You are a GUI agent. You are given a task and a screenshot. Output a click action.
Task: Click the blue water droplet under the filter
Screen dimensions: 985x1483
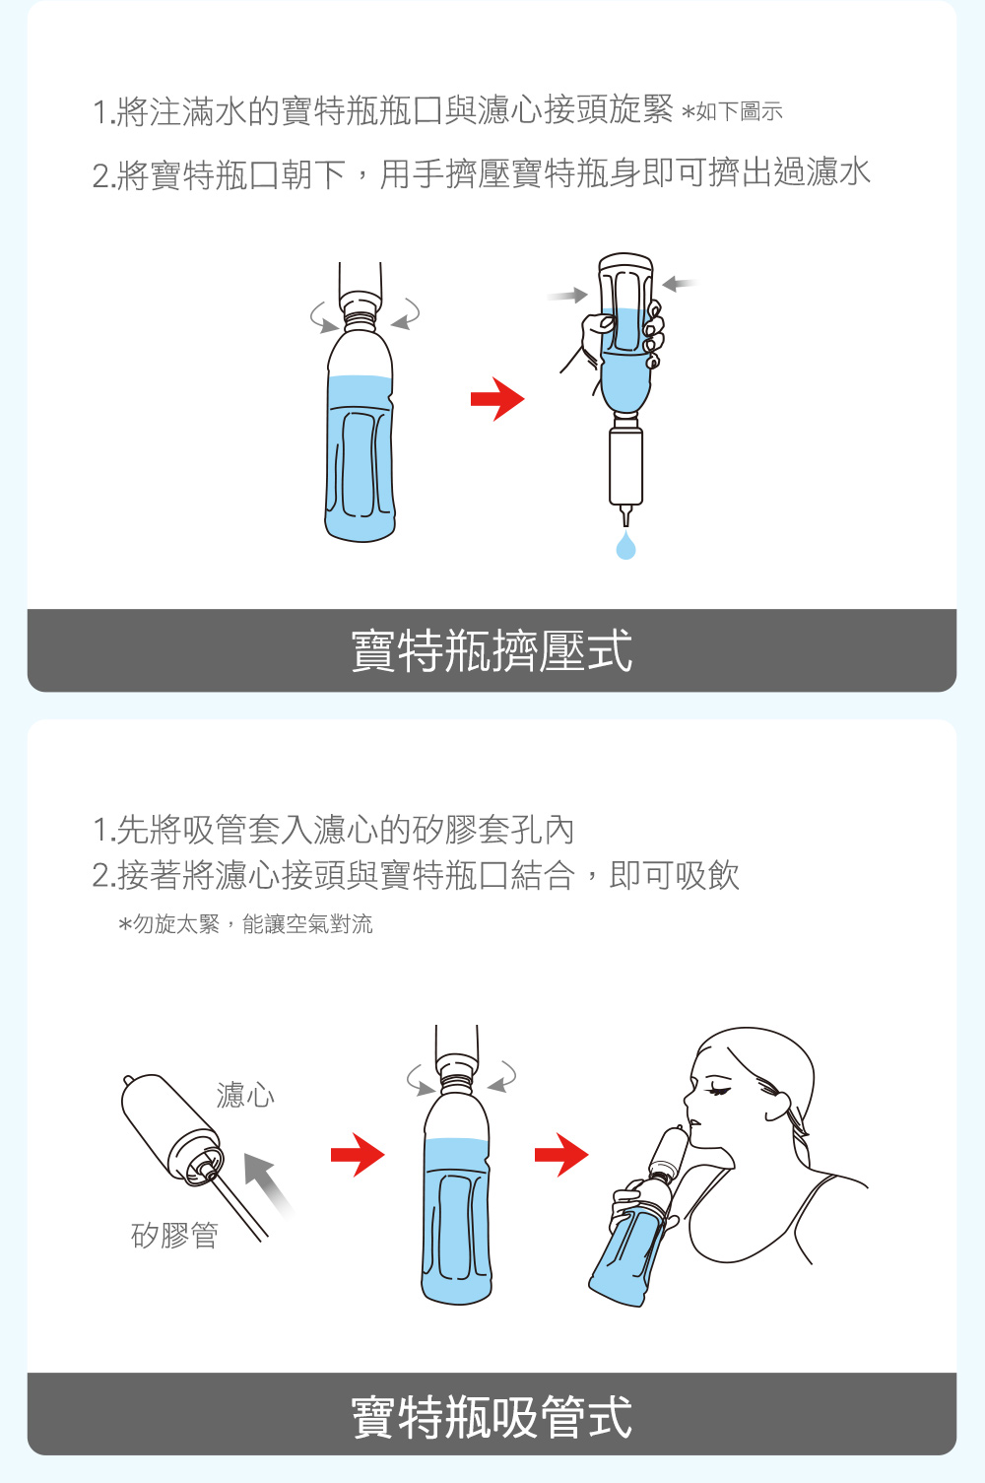tap(625, 546)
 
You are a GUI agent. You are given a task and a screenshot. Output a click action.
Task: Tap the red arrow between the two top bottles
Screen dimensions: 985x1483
tap(497, 399)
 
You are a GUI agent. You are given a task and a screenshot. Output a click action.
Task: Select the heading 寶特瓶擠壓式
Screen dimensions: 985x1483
tap(492, 650)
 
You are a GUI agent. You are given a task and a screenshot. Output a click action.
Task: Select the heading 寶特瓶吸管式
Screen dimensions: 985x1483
tap(492, 1416)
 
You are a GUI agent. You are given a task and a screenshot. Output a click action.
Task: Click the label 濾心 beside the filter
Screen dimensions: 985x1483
tap(245, 1095)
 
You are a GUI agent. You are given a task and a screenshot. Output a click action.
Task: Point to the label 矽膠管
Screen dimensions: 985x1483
tap(174, 1235)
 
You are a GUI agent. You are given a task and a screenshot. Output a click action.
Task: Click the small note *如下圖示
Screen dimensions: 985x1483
tap(732, 111)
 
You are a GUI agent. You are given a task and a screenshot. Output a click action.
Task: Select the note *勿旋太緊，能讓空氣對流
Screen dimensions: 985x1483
tap(245, 923)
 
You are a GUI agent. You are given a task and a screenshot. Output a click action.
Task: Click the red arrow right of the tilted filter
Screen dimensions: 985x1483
tap(358, 1155)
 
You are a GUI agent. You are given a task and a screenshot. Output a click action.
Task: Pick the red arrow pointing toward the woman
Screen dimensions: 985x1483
tap(561, 1155)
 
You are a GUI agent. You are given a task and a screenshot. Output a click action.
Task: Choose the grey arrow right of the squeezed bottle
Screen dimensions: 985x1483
tap(680, 284)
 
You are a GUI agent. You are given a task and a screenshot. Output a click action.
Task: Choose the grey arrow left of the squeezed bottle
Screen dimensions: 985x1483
tap(567, 296)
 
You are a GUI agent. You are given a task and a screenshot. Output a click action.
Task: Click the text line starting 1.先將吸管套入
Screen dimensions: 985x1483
tap(334, 830)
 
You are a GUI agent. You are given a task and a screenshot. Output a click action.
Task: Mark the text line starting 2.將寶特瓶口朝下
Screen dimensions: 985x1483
tap(482, 173)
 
